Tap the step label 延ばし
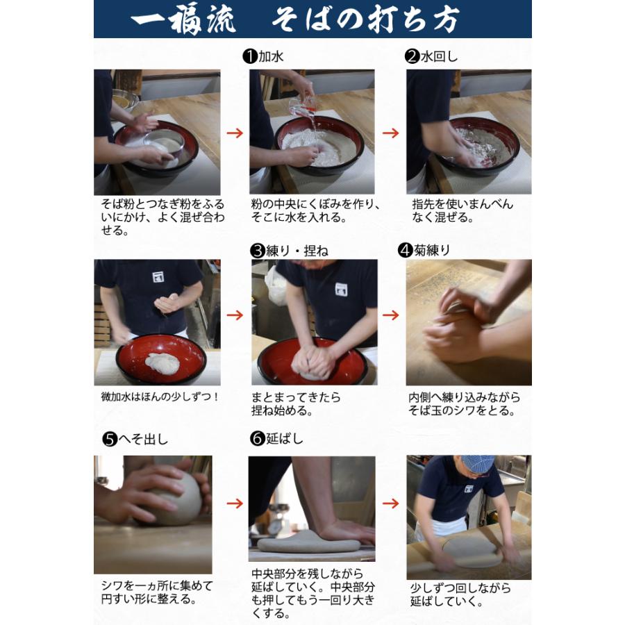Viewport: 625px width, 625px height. pos(285,439)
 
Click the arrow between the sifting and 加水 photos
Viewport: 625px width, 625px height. pos(235,133)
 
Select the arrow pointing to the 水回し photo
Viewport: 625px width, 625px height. pos(391,133)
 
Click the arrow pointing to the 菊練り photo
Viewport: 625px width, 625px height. pos(391,315)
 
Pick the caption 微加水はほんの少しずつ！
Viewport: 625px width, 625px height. pos(160,397)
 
